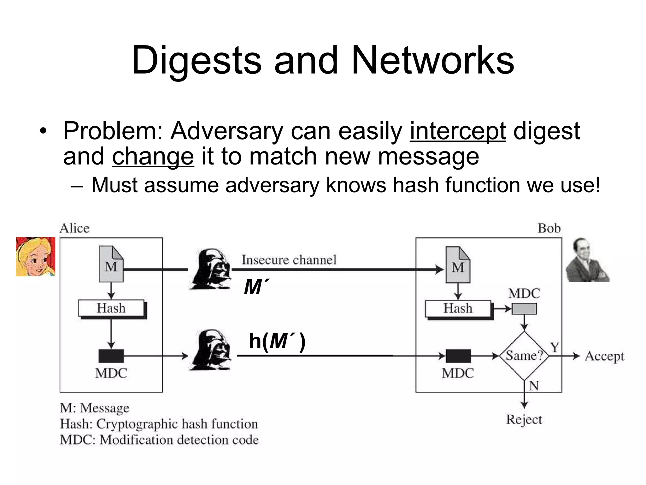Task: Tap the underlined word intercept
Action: pyautogui.click(x=458, y=131)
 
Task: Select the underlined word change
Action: pyautogui.click(x=153, y=157)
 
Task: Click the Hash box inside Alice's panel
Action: pyautogui.click(x=111, y=308)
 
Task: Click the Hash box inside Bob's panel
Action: pyautogui.click(x=458, y=308)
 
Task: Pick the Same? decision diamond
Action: pyautogui.click(x=524, y=356)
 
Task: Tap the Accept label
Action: pyautogui.click(x=604, y=356)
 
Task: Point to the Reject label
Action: pyautogui.click(x=524, y=420)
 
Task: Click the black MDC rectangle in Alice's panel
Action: pyautogui.click(x=111, y=356)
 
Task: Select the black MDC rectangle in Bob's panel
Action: pyautogui.click(x=458, y=356)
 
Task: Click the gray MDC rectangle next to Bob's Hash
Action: pyautogui.click(x=524, y=308)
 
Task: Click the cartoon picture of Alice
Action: pyautogui.click(x=36, y=257)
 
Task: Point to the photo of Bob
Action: pyautogui.click(x=587, y=260)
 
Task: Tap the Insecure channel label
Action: pyautogui.click(x=289, y=260)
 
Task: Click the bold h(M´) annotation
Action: pyautogui.click(x=277, y=341)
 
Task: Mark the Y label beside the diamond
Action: pyautogui.click(x=554, y=347)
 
